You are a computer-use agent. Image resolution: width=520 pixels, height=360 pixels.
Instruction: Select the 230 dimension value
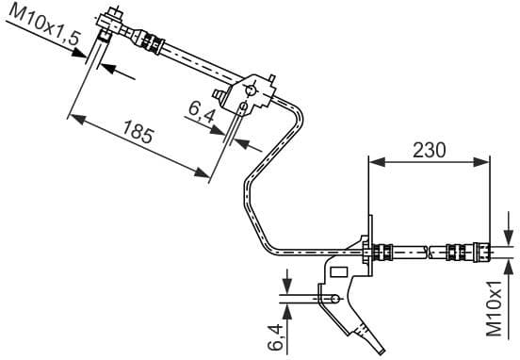coord(429,149)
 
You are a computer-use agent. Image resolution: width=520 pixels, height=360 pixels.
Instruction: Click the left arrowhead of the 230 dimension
coord(375,162)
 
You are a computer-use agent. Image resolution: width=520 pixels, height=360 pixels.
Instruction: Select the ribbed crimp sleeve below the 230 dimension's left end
coord(383,252)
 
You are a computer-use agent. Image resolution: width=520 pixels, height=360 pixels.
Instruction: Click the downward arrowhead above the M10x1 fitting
coord(506,237)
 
